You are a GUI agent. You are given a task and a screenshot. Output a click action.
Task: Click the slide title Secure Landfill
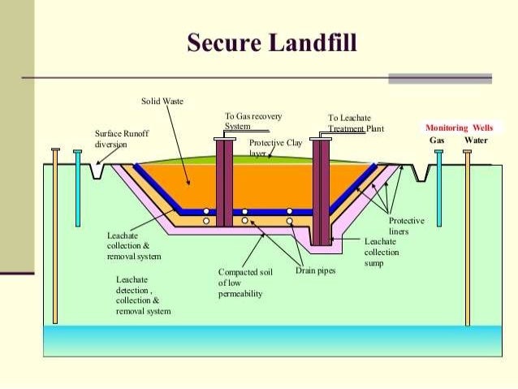point(271,42)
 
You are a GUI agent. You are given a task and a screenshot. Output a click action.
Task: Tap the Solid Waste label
point(162,102)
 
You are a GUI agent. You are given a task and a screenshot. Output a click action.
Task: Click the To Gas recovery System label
point(253,122)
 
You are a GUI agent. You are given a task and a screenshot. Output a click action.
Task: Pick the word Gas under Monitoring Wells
point(437,140)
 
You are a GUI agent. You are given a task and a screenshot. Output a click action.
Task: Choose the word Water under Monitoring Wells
point(476,140)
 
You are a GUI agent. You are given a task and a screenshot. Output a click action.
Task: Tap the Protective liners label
point(406,226)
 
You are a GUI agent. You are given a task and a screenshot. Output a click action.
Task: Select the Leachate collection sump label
point(381,252)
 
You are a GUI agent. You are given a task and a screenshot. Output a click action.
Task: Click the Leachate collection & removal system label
point(134,245)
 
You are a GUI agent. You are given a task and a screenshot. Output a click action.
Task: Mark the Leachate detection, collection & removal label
point(144,295)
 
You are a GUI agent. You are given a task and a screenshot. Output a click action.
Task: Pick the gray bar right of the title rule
point(439,79)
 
